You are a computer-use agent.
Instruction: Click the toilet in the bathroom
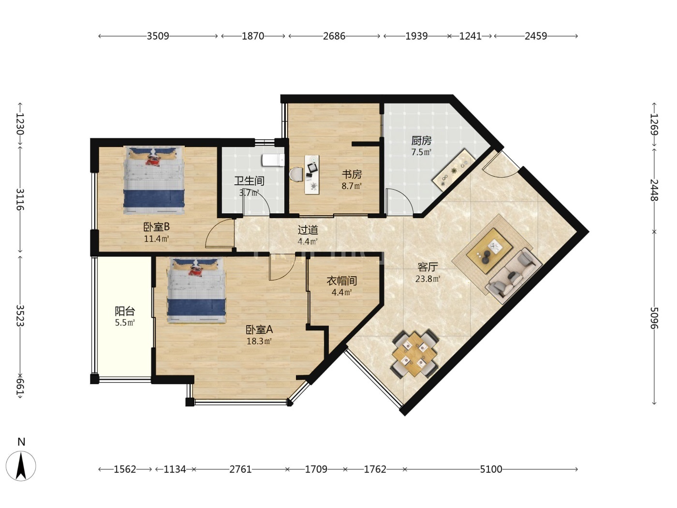click(273, 160)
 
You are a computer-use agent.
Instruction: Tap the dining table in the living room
click(414, 354)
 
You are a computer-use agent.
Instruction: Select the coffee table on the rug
click(489, 251)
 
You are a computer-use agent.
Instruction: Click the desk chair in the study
click(296, 174)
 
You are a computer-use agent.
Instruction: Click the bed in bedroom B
click(154, 180)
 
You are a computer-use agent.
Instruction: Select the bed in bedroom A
click(196, 290)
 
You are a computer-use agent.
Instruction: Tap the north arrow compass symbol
click(21, 466)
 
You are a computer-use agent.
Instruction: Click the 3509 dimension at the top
click(158, 36)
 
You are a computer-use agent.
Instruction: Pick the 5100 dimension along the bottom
click(491, 469)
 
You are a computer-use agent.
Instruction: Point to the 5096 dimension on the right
click(654, 318)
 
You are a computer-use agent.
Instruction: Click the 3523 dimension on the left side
click(20, 315)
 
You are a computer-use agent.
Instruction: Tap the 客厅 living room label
click(427, 267)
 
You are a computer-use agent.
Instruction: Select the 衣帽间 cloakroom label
click(342, 281)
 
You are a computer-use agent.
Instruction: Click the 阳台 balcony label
click(125, 311)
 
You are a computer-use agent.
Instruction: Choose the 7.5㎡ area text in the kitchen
click(421, 152)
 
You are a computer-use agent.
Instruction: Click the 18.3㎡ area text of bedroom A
click(259, 341)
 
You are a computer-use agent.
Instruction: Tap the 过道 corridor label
click(308, 230)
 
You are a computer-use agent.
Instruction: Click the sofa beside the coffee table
click(513, 276)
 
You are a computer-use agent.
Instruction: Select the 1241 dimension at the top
click(470, 36)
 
